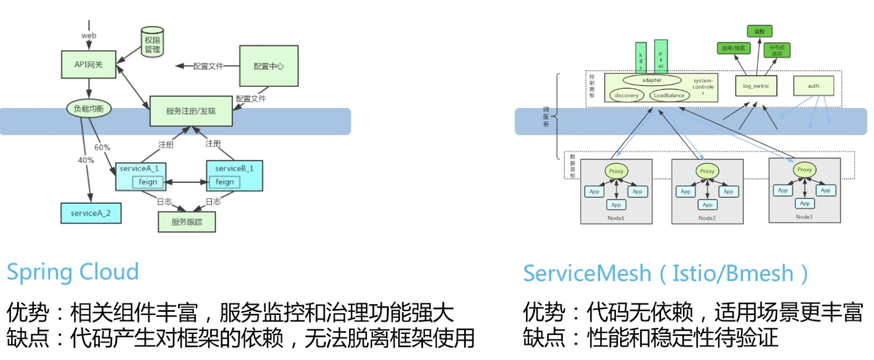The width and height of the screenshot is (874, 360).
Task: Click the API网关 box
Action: click(x=89, y=65)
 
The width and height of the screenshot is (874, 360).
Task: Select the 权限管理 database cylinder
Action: click(x=153, y=43)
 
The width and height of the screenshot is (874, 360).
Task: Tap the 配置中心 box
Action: click(x=269, y=65)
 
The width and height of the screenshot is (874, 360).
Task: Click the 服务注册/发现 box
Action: click(x=190, y=110)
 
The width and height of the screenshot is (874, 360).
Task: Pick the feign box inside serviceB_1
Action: click(x=225, y=182)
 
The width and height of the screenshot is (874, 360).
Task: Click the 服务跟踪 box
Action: click(x=187, y=222)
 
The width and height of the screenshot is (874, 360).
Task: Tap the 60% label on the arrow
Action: click(x=102, y=147)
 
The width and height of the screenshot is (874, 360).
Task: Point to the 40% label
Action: click(x=86, y=160)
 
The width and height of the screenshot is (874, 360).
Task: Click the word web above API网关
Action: click(x=89, y=35)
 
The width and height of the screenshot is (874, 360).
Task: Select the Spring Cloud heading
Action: click(x=73, y=272)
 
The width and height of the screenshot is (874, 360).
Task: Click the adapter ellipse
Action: click(x=652, y=80)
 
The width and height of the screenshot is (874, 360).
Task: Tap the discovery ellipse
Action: click(x=626, y=95)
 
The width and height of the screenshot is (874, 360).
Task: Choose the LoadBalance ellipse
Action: click(x=670, y=95)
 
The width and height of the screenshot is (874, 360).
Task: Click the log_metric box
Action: click(x=757, y=86)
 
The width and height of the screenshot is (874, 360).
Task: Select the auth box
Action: click(x=813, y=86)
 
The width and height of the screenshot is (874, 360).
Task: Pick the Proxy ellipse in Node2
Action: click(x=707, y=171)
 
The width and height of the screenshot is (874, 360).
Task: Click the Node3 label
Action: click(x=804, y=217)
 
